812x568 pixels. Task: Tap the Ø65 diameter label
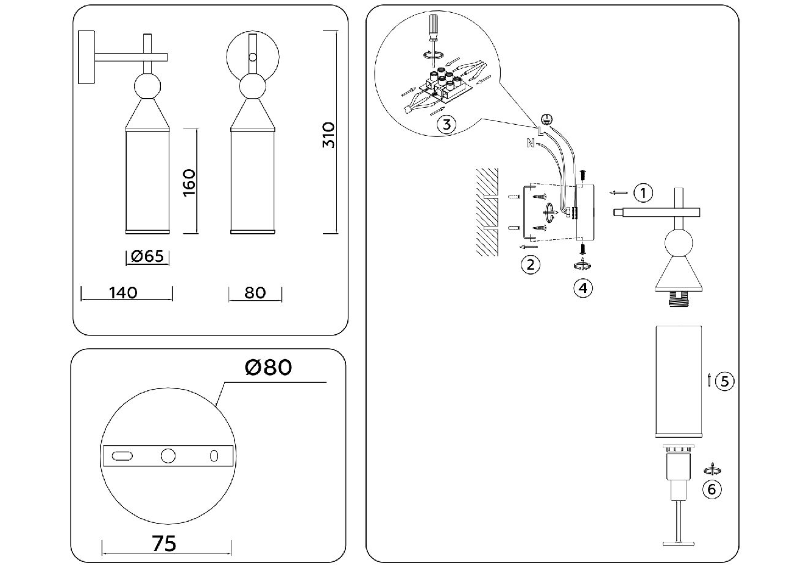(147, 256)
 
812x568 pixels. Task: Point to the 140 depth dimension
(123, 293)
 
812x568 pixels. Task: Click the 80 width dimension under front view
(255, 293)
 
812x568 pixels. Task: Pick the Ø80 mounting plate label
(268, 368)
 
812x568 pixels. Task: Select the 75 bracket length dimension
(164, 543)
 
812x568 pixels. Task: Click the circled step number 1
(643, 193)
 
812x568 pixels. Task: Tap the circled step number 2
(530, 264)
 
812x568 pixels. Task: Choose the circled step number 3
(447, 125)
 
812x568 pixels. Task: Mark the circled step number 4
(583, 287)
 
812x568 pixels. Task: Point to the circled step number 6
(711, 489)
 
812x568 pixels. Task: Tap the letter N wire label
(530, 144)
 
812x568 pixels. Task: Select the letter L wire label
(540, 130)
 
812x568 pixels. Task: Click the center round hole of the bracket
(168, 455)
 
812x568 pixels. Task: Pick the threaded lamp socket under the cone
(678, 297)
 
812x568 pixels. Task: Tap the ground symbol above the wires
(547, 119)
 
